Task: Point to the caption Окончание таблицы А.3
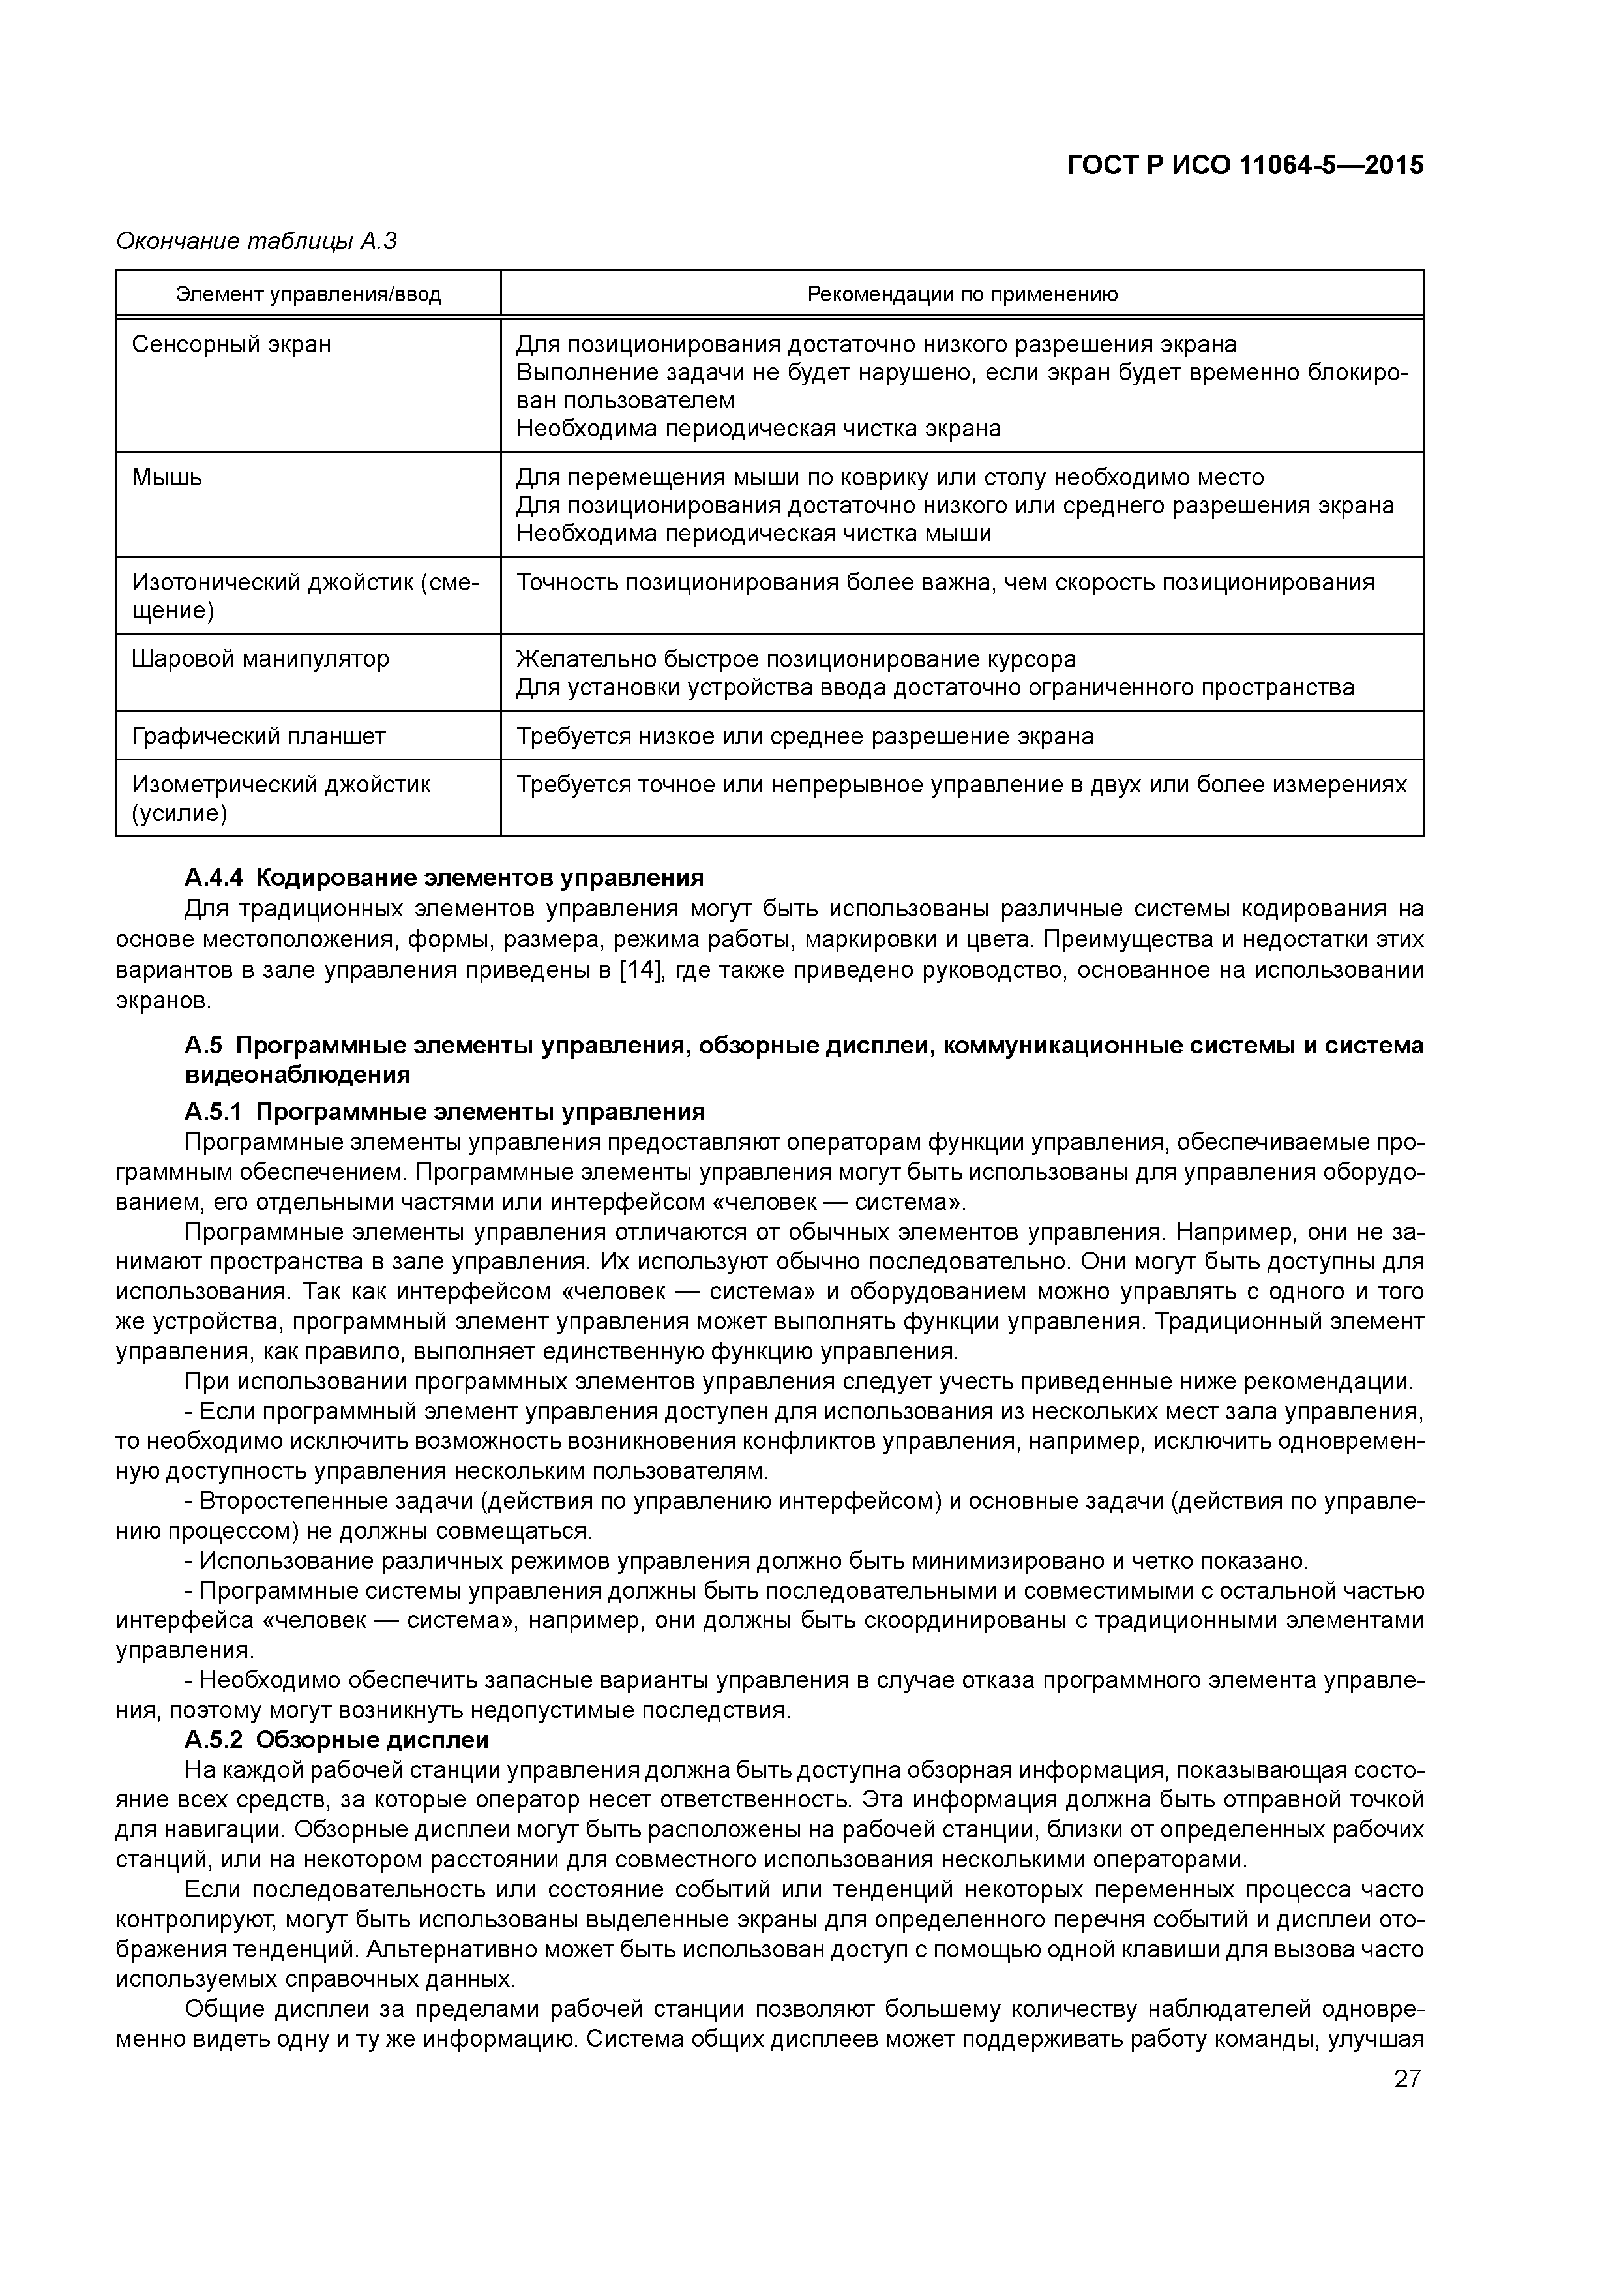257,241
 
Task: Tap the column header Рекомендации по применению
962,294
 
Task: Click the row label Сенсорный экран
231,345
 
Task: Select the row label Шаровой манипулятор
260,659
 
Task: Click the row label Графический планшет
258,736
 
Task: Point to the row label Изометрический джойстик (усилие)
281,799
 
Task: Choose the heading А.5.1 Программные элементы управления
445,1111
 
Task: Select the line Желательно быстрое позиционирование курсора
796,659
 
